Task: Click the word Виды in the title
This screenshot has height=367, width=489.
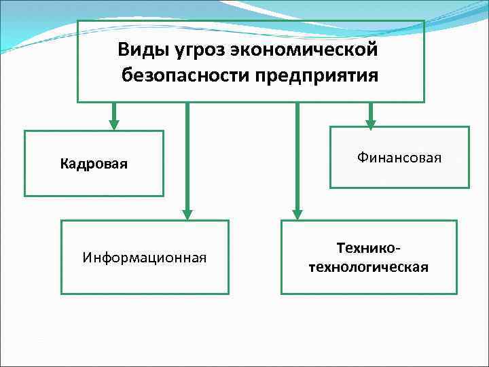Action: click(138, 50)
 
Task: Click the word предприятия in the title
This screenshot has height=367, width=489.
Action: click(317, 73)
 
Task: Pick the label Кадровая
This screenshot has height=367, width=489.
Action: click(94, 164)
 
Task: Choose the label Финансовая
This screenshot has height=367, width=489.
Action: click(399, 158)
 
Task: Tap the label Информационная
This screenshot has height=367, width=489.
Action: click(144, 257)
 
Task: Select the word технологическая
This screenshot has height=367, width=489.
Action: click(369, 266)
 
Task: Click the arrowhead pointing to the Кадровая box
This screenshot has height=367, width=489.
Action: click(114, 124)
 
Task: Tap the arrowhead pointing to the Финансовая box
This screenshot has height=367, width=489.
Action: click(370, 124)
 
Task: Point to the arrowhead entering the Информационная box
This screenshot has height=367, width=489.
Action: click(187, 213)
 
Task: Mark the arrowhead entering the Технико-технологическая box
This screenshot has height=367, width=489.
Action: click(296, 213)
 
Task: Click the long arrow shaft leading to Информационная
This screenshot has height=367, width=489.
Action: click(187, 156)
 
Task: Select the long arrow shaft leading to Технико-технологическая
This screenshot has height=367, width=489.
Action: click(296, 156)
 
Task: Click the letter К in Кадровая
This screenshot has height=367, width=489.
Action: click(64, 164)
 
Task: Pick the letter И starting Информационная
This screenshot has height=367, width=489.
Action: click(87, 257)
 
